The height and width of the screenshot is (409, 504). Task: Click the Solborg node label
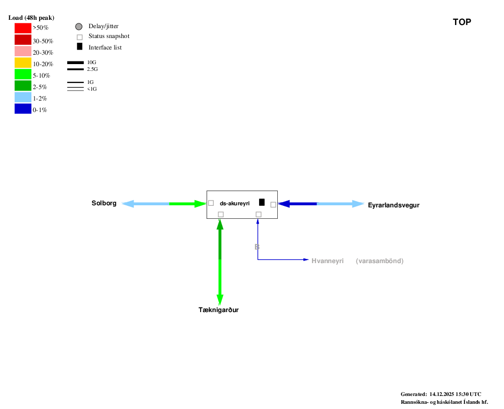coord(104,203)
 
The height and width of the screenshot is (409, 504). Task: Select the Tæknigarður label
coord(218,310)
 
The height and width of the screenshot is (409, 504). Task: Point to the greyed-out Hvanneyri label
coord(327,261)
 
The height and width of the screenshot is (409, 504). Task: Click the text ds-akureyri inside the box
coord(235,203)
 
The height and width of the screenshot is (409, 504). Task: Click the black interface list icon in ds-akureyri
coord(262,202)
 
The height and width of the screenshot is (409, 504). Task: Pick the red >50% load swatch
coord(23,28)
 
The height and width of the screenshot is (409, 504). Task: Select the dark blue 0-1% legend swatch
coord(23,109)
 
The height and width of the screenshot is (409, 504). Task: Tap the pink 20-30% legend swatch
coord(23,51)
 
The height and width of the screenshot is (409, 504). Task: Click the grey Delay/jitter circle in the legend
coord(79,27)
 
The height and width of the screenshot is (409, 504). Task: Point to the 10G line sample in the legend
coord(76,63)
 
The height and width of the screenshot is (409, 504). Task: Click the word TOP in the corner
coord(462,22)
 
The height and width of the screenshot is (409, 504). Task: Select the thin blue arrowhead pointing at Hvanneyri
coord(306,259)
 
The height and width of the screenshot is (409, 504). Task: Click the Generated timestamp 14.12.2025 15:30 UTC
coord(455,394)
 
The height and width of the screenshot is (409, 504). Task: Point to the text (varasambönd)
coord(379,261)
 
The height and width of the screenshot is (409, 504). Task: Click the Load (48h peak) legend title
coord(31,18)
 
